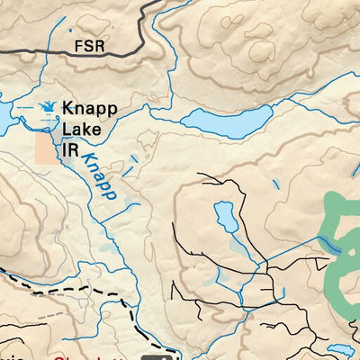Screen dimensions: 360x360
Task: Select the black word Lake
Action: tap(80, 130)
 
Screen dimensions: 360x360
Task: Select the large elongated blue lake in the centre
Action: tap(229, 120)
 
